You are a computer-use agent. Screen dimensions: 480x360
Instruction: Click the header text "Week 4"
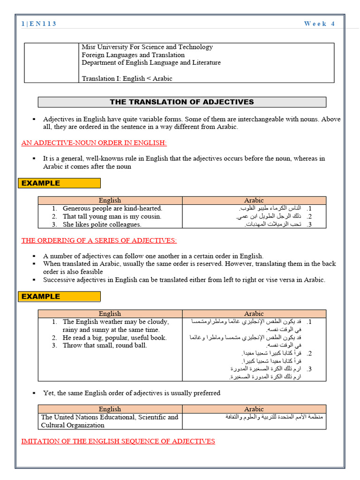tap(319, 24)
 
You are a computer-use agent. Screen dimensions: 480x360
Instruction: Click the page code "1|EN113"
tap(39, 24)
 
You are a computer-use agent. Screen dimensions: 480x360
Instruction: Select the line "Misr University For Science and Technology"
tap(147, 47)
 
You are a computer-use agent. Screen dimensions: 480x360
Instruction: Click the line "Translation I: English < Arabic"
tap(127, 78)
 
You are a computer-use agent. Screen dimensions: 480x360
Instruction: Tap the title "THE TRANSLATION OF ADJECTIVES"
tap(181, 102)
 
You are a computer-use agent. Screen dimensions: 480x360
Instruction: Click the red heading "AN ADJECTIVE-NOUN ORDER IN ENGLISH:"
tap(94, 142)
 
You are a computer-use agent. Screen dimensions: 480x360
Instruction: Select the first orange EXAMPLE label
tap(59, 183)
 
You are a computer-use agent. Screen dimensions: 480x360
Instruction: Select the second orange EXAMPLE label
tap(59, 296)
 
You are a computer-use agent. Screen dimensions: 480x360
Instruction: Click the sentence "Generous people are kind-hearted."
tap(112, 208)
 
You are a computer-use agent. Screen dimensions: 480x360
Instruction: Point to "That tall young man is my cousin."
tap(112, 216)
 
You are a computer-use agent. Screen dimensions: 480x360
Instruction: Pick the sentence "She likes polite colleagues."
tap(102, 224)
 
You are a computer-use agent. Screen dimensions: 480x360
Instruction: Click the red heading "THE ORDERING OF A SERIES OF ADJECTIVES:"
tap(99, 240)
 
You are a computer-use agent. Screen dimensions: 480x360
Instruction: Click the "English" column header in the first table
tap(110, 200)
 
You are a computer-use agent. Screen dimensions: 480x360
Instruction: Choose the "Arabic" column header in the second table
tap(254, 314)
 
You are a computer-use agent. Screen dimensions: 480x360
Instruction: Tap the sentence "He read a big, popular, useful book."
tap(114, 337)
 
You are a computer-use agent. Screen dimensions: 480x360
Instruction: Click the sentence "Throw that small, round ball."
tap(105, 345)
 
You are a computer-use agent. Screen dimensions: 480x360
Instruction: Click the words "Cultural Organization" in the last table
tap(73, 425)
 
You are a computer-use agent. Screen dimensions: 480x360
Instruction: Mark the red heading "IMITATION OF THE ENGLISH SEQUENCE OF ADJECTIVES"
tap(118, 441)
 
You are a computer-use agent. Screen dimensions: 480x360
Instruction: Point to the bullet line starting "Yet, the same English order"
tap(131, 393)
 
